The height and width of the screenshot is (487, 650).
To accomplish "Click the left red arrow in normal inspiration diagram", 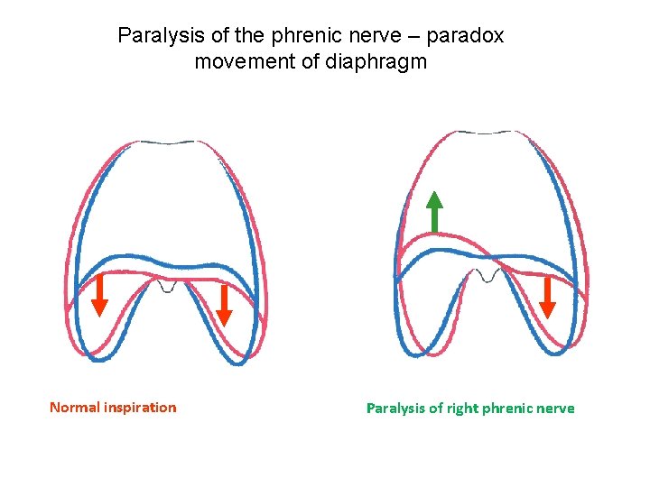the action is (x=99, y=295).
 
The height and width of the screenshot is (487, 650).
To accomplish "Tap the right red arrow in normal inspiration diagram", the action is (x=224, y=304).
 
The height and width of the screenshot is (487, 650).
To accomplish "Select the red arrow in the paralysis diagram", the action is (x=546, y=297).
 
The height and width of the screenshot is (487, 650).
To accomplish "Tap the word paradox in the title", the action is (x=463, y=36).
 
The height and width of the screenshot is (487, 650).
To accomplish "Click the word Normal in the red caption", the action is (x=74, y=408).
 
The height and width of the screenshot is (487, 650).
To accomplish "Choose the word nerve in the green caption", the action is (x=555, y=409).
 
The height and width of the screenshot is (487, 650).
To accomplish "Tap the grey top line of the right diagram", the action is (x=490, y=132).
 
